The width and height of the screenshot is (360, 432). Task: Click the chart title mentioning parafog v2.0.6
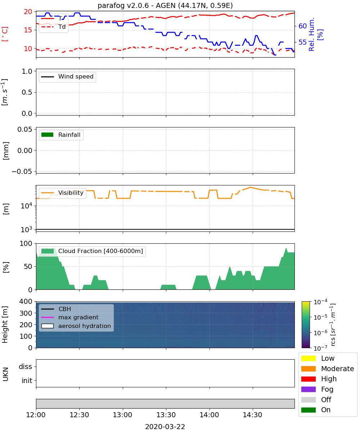point(165,5)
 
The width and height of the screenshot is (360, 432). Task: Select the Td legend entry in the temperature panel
point(53,27)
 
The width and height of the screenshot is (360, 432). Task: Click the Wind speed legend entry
point(67,77)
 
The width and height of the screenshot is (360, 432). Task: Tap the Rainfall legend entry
point(61,135)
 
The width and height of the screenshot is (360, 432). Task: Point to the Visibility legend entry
point(62,193)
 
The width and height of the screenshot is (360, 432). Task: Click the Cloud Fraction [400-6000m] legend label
point(100,251)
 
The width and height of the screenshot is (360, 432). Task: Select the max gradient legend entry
point(70,317)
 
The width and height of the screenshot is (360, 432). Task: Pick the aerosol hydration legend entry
point(76,326)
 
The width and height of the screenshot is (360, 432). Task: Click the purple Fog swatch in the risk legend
point(308,389)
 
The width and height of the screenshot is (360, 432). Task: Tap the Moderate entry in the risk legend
point(327,369)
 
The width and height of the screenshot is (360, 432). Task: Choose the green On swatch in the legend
point(308,410)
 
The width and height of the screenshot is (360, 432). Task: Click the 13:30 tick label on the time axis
point(166,415)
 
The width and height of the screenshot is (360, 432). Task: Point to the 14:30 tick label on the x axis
point(252,415)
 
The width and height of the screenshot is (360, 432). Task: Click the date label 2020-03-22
point(165,427)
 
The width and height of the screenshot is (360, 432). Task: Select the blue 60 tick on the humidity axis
point(302,26)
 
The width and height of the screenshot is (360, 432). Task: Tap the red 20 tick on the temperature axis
point(28,12)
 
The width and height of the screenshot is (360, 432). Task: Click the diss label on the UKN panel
point(26,366)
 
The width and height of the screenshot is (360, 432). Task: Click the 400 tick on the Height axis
point(26,301)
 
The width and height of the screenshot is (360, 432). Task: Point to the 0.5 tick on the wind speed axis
point(27,92)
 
